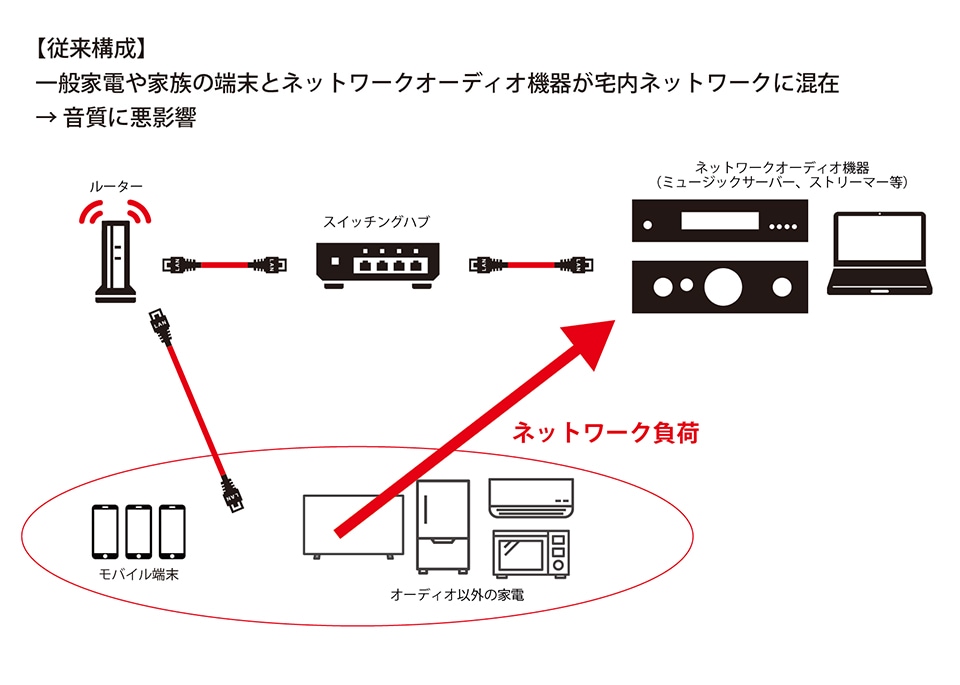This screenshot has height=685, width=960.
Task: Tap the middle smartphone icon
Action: [140, 531]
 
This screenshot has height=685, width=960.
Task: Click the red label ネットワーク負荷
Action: [605, 432]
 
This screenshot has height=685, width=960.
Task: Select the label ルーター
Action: [116, 187]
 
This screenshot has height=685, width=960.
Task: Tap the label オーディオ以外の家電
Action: [457, 594]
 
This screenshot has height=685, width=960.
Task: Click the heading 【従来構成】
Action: [91, 47]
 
